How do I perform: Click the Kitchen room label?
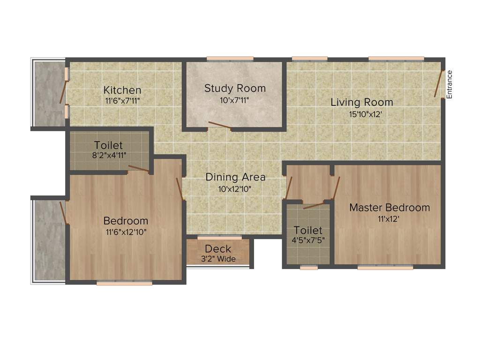point(122,90)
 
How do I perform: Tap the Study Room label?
point(235,88)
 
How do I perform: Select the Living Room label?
point(362,102)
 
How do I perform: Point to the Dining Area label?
point(235,177)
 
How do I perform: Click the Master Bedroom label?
point(390,207)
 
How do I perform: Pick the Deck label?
point(218,249)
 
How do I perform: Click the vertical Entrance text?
point(449,84)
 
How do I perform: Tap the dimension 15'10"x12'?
point(362,113)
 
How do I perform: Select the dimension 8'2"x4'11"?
point(109,155)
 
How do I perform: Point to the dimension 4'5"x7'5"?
point(308,240)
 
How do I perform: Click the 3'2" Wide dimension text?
point(218,259)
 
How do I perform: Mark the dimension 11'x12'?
point(389,218)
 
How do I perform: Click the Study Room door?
point(219,125)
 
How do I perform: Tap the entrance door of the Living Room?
point(439,83)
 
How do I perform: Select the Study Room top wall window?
point(230,59)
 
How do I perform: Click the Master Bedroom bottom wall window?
point(385,268)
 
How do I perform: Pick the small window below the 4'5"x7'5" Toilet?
point(308,268)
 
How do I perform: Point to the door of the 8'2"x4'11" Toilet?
point(139,169)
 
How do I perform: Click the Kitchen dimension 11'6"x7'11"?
point(122,100)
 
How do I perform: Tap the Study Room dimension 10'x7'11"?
point(235,99)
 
